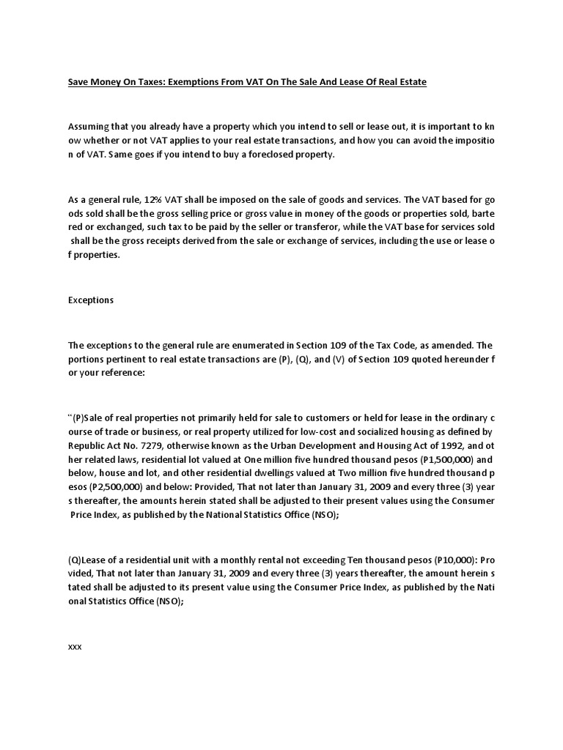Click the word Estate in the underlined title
[411, 82]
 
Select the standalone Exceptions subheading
[91, 300]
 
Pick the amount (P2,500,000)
[103, 487]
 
